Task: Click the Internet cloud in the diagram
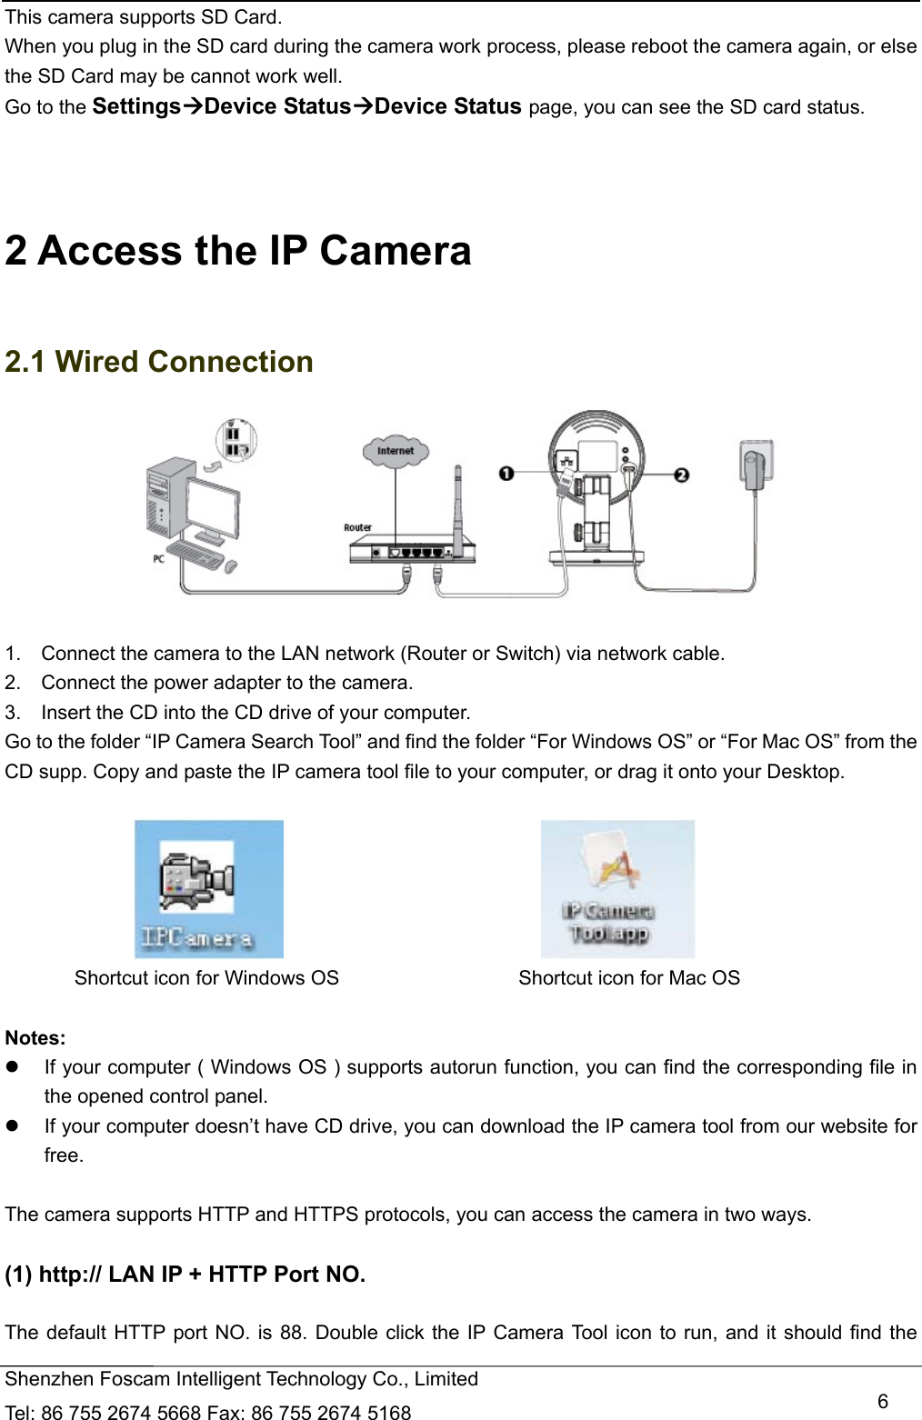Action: (395, 451)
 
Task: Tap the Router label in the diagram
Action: (357, 527)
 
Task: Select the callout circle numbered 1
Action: (506, 473)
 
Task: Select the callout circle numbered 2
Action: (682, 475)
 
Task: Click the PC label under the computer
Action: (158, 559)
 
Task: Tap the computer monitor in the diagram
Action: (214, 505)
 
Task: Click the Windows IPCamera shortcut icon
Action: (209, 889)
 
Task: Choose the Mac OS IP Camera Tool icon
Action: (617, 889)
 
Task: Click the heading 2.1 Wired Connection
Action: (159, 362)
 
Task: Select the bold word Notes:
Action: (35, 1038)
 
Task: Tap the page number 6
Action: (882, 1401)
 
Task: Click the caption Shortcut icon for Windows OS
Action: (206, 978)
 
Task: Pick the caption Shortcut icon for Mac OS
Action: (629, 978)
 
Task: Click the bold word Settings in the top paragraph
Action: (136, 106)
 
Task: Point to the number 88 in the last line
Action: (291, 1333)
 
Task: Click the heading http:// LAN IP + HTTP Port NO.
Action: (185, 1275)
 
